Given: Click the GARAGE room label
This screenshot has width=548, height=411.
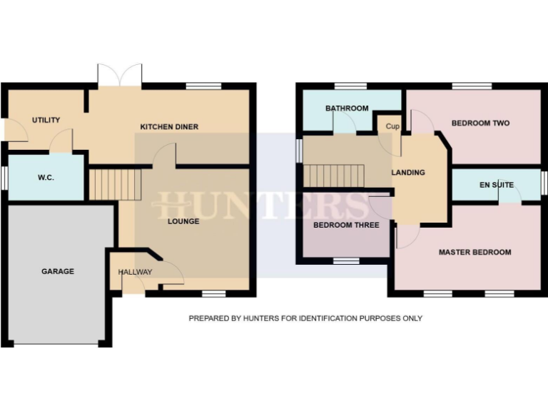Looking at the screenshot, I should [58, 271].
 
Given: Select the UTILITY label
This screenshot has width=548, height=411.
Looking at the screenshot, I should [46, 120].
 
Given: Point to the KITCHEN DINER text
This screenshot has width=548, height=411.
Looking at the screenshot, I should [169, 127].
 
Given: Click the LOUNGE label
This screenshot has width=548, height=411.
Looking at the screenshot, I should [183, 221].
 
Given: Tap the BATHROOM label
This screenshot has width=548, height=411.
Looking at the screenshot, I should [347, 108].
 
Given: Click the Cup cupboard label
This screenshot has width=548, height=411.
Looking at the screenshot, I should [392, 126].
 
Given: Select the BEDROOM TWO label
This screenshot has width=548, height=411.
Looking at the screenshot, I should [480, 123].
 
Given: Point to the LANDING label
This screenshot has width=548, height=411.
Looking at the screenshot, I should [408, 173].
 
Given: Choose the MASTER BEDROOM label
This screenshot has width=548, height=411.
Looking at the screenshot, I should [475, 252].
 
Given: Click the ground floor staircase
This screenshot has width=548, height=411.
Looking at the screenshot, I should [115, 184].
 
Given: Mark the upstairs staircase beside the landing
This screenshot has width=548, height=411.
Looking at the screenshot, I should [334, 175].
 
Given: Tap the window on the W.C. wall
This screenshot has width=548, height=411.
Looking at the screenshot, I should [4, 177].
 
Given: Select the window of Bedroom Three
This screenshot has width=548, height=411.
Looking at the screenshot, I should [346, 261].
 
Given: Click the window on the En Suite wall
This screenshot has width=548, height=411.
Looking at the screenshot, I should [544, 183].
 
